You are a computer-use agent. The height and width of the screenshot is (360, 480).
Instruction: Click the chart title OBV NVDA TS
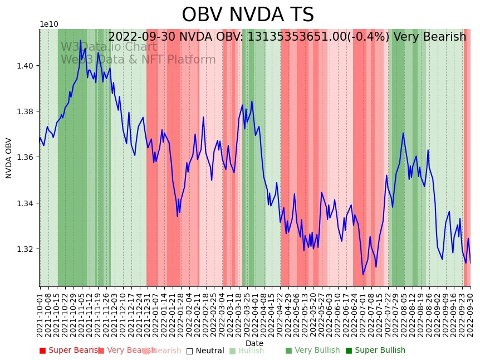pos(248,15)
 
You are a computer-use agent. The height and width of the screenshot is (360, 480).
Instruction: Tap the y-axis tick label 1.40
pos(26,66)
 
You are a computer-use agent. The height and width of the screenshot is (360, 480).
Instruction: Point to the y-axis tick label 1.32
pos(26,249)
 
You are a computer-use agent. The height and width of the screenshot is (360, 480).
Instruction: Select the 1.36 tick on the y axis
pos(26,157)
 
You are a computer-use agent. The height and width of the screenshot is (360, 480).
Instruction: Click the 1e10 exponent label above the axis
pos(48,24)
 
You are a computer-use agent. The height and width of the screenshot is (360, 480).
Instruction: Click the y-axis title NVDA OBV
pos(9,158)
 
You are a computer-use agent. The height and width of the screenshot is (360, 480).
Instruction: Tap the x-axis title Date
pos(254,343)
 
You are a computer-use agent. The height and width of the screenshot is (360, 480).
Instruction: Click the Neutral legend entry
pos(205,351)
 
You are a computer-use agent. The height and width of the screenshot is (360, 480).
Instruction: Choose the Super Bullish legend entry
pos(375,351)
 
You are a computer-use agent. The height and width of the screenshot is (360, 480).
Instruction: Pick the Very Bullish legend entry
pos(312,351)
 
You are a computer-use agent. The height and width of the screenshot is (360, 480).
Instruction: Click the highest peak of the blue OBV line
pos(80,41)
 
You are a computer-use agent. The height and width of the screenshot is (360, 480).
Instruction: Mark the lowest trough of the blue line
pos(363,274)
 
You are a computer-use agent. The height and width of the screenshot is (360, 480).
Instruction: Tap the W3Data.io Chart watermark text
pos(109,47)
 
